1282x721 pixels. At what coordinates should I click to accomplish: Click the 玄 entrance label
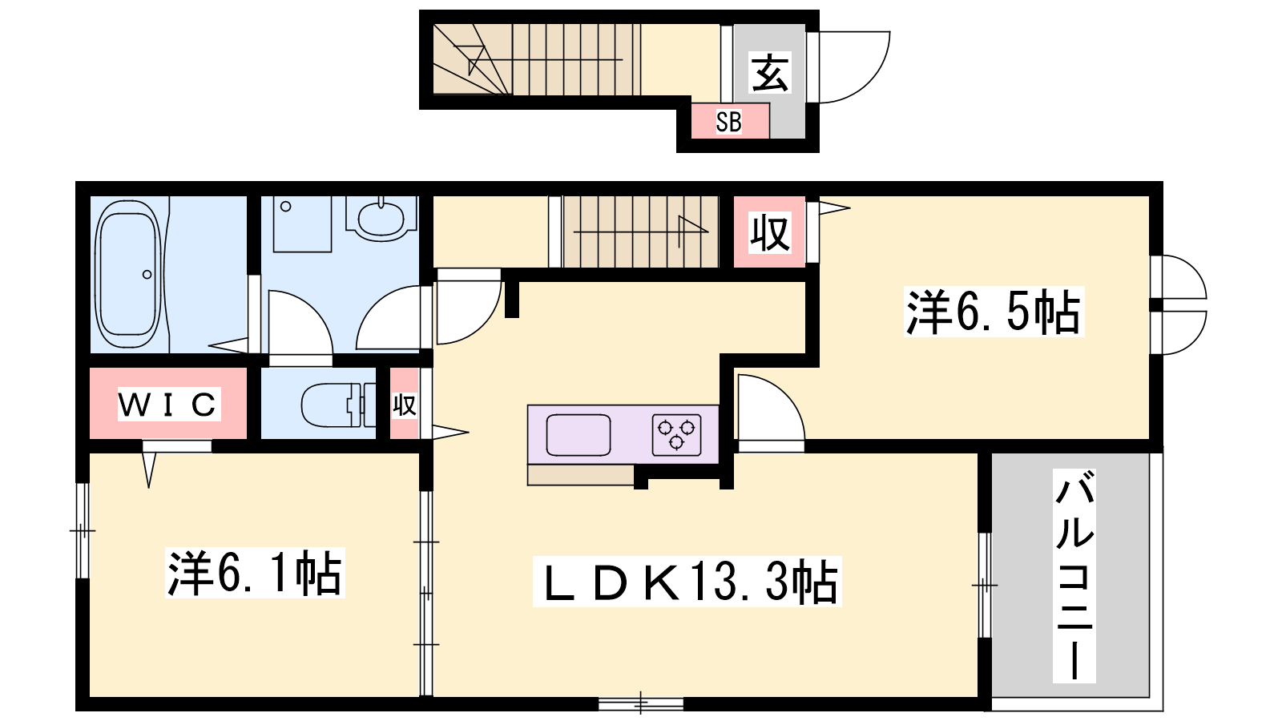[770, 73]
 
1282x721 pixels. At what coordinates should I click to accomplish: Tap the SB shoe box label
[728, 122]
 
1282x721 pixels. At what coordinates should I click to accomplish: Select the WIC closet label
[168, 404]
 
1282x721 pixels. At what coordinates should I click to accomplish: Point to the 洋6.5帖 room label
[994, 312]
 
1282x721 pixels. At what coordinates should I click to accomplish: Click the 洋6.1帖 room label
[255, 573]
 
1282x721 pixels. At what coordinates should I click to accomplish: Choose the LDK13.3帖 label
[687, 582]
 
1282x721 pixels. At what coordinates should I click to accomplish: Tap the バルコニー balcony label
[1074, 575]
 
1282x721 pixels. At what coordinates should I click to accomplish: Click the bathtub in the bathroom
[127, 276]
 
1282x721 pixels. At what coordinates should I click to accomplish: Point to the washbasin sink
[381, 219]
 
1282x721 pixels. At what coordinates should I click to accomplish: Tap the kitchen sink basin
[578, 435]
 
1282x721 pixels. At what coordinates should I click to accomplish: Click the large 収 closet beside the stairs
[770, 232]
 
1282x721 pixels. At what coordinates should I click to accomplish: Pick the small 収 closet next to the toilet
[405, 404]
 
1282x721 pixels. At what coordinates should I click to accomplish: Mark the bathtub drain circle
[147, 275]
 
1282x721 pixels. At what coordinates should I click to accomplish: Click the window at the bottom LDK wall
[641, 703]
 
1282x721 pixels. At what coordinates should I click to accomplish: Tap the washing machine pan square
[302, 224]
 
